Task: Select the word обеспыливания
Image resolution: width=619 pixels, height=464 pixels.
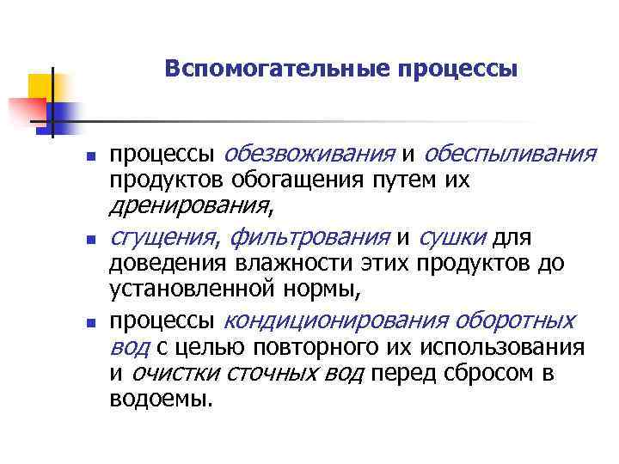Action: point(511,155)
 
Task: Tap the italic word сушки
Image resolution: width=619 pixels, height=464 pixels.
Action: point(454,236)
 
